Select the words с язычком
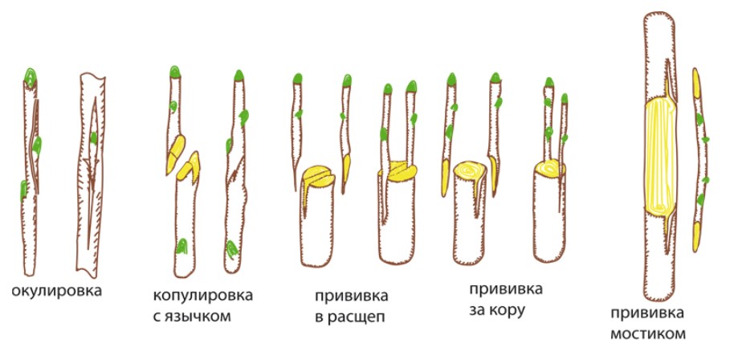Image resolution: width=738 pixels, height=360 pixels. coord(195,316)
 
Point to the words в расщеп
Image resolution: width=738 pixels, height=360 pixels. coord(349,316)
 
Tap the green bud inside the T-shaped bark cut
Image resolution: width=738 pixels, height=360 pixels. coord(94,138)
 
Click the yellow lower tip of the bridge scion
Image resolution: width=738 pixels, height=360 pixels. coord(696,235)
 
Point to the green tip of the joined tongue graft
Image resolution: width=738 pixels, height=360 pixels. coord(239,77)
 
